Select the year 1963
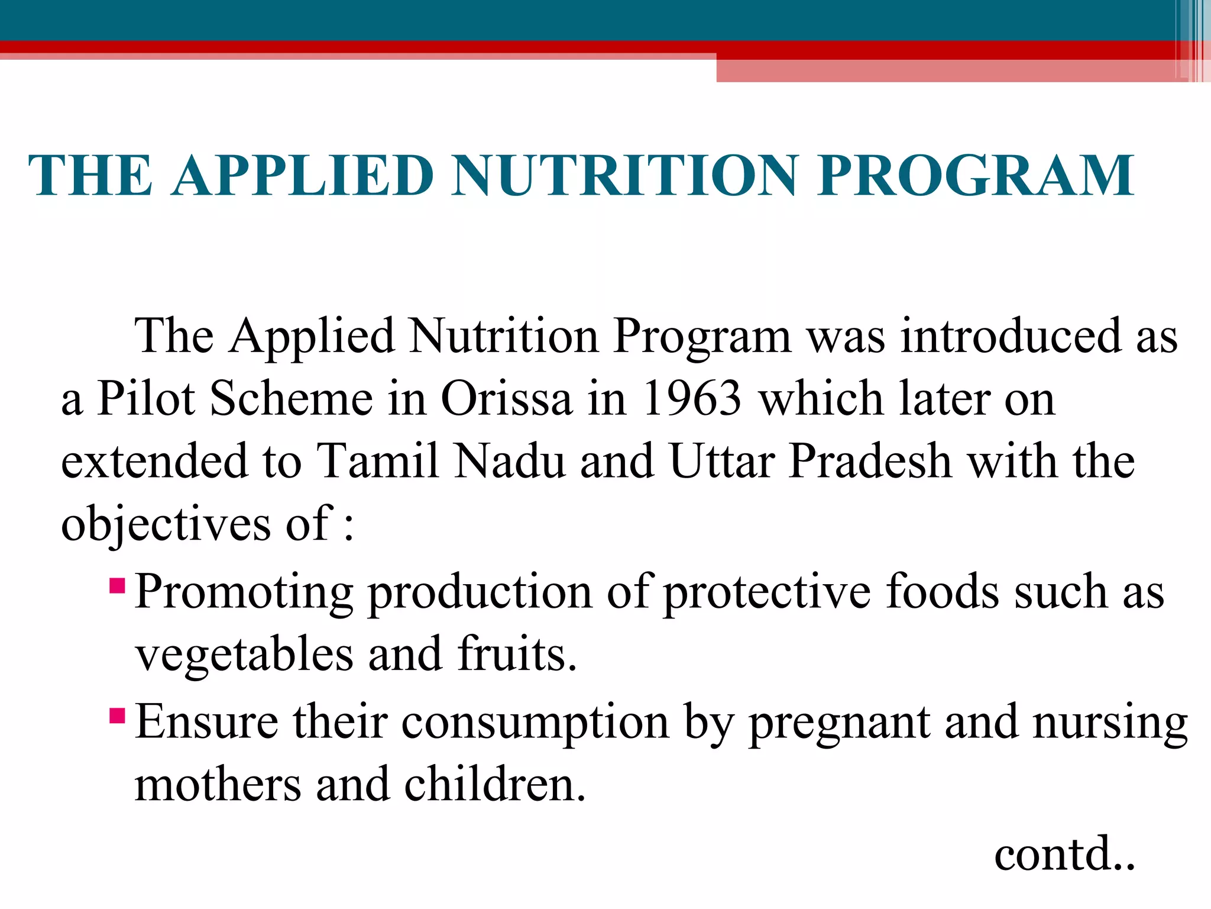click(x=692, y=398)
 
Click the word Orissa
click(x=507, y=398)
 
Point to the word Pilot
click(x=145, y=398)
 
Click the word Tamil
click(x=378, y=461)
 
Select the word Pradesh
click(x=870, y=461)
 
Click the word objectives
click(x=166, y=524)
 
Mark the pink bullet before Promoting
click(x=117, y=586)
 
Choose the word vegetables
click(x=244, y=655)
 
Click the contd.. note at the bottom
click(x=1064, y=854)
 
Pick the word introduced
click(x=1011, y=336)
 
